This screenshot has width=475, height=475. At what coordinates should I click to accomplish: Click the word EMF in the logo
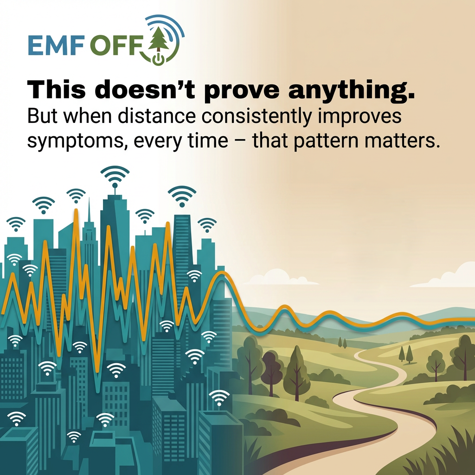56,45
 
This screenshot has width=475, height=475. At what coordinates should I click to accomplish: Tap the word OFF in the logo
116,45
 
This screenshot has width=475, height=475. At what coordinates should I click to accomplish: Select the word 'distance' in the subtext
156,116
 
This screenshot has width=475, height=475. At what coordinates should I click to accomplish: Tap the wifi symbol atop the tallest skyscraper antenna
115,176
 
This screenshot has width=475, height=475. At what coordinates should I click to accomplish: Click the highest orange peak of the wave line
76,210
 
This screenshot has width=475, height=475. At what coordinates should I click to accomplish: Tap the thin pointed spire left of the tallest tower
89,212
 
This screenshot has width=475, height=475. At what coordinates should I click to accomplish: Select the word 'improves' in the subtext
359,116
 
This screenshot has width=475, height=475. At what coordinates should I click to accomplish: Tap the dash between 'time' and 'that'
240,142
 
